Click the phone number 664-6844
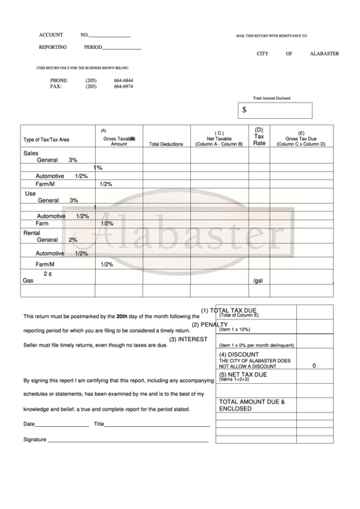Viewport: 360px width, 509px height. tap(124, 81)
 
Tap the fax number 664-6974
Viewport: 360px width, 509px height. tap(124, 87)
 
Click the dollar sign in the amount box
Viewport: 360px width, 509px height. tap(245, 109)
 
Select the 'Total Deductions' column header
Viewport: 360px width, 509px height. tap(166, 144)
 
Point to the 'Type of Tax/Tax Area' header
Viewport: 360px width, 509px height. tap(46, 140)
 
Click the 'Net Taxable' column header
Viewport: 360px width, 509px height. tap(219, 139)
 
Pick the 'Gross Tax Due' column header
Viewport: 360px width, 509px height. tap(301, 139)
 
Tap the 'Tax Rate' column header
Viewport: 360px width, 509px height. tap(259, 137)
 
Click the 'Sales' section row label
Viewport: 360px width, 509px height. tap(31, 153)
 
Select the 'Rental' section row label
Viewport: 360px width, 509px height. tap(33, 232)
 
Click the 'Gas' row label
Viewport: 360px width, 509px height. tap(28, 280)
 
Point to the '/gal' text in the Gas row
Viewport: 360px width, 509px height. tap(257, 280)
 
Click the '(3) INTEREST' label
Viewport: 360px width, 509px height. tap(188, 339)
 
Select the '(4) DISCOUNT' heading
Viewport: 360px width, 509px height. tap(239, 355)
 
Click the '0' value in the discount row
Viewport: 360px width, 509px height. tap(314, 366)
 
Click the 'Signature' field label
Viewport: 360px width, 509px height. tap(35, 440)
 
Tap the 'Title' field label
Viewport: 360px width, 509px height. tap(98, 424)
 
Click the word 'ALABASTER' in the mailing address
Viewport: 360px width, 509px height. tap(324, 54)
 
